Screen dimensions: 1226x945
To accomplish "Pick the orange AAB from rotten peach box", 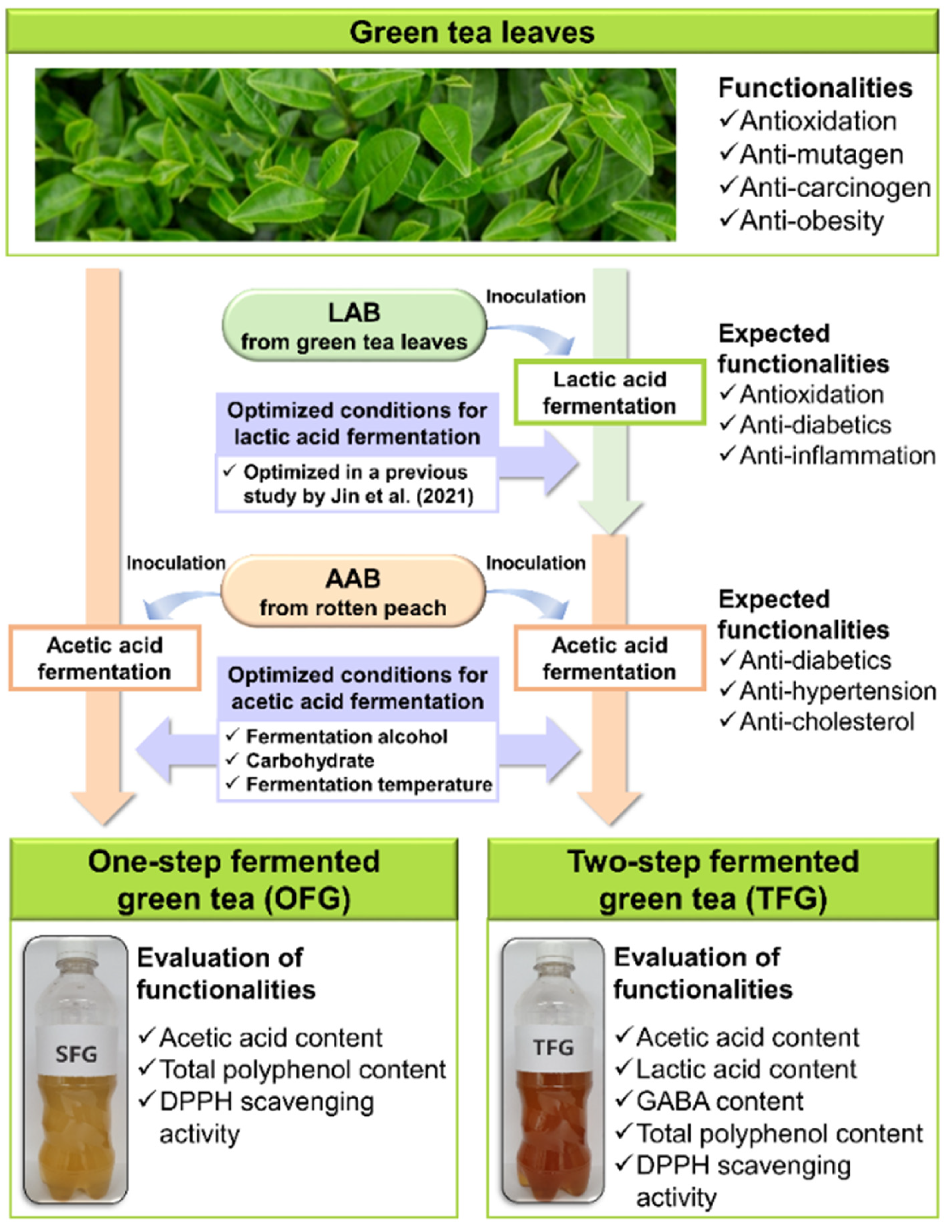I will tap(353, 591).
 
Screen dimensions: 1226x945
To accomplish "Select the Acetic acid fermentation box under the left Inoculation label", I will tap(104, 658).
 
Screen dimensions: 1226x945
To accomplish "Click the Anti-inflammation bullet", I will tap(836, 455).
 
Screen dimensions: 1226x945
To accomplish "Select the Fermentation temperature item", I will tap(369, 784).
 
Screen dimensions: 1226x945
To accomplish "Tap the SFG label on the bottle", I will tap(76, 1054).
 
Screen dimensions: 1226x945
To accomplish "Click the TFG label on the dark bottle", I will tap(553, 1047).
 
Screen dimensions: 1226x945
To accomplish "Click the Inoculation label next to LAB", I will tap(535, 296).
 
